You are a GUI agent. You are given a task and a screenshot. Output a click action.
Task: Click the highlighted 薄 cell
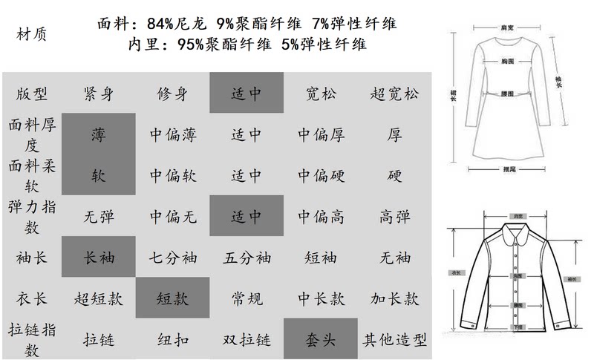99,136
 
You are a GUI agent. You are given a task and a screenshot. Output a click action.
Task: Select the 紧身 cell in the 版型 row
99,94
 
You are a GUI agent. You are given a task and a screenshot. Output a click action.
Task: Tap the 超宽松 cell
394,94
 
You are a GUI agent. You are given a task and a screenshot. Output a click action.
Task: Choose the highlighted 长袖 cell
99,258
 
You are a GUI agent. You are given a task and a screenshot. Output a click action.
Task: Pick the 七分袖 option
172,258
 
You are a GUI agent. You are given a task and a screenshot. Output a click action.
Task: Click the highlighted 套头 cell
321,341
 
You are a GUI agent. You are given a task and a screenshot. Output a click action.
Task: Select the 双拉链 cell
247,341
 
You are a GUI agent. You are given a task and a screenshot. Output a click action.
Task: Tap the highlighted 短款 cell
172,299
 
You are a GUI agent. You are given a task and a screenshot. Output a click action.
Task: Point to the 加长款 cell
394,299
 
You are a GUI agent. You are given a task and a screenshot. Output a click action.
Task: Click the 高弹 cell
394,217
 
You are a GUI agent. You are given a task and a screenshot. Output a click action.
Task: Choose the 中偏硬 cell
321,177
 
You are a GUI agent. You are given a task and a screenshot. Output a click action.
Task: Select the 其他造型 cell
394,341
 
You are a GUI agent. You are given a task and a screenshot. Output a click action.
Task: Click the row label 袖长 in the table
31,258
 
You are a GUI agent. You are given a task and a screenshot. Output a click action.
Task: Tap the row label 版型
31,94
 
